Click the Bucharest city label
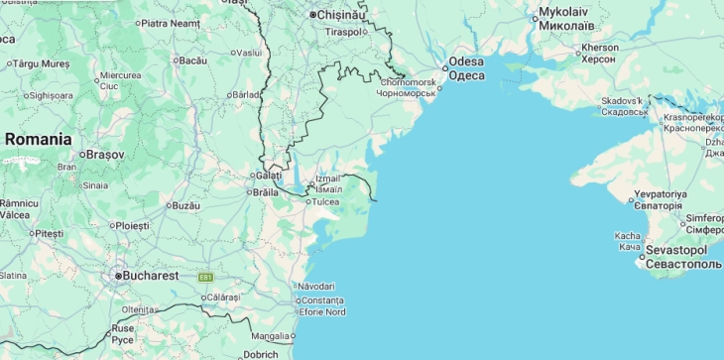(150, 275)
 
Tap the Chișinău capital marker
(313, 15)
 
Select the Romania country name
(38, 140)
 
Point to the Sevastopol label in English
(681, 250)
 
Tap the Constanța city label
(322, 300)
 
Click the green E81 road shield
(205, 277)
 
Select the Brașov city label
(105, 155)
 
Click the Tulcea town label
(325, 201)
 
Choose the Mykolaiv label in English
(565, 12)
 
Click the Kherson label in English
(600, 47)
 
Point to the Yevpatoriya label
(661, 193)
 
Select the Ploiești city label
(132, 225)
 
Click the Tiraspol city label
(343, 32)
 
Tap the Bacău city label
(191, 60)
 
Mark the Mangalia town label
(271, 335)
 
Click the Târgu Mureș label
(43, 63)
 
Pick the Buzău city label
(185, 205)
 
